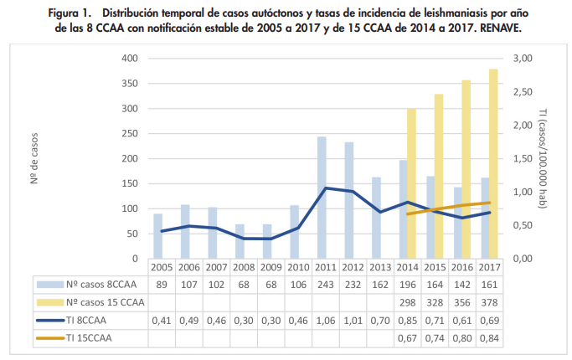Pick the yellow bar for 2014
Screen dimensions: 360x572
click(411, 184)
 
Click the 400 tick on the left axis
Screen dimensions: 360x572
click(129, 59)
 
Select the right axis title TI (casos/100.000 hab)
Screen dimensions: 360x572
click(543, 159)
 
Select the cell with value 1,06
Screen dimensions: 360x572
click(322, 320)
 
